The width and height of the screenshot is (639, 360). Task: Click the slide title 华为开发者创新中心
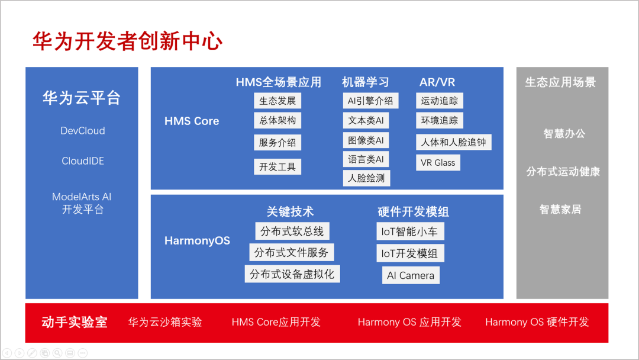click(x=127, y=41)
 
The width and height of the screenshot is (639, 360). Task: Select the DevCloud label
click(x=83, y=131)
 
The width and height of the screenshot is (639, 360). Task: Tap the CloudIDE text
click(x=83, y=161)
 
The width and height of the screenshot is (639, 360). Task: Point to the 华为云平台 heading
click(x=82, y=98)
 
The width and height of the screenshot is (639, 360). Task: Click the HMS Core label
click(x=192, y=121)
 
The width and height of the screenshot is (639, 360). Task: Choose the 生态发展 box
click(x=277, y=101)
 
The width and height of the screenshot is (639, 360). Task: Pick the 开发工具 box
click(x=277, y=167)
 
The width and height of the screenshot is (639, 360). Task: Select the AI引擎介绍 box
click(x=370, y=101)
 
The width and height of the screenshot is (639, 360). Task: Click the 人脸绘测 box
click(x=366, y=178)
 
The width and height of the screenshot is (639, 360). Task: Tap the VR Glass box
click(x=438, y=163)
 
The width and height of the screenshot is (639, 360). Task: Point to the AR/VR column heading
click(x=437, y=82)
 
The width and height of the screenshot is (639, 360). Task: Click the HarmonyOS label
click(x=197, y=241)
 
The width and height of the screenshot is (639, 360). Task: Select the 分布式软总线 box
click(x=292, y=231)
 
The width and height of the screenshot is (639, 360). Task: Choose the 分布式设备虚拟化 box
click(x=292, y=274)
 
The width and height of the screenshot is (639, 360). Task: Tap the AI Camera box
click(x=411, y=275)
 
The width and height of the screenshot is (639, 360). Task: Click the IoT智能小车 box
click(x=409, y=232)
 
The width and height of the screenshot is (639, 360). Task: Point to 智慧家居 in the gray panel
click(x=560, y=210)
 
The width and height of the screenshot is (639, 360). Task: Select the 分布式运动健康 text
click(x=563, y=172)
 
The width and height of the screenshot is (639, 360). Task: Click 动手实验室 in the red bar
click(x=75, y=322)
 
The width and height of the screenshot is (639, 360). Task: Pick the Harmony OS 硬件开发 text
click(x=537, y=322)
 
